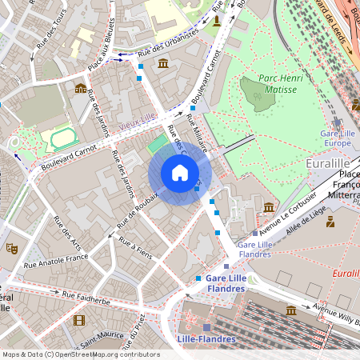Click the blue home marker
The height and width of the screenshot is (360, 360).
click(x=180, y=173)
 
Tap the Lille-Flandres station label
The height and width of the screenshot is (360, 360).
click(x=206, y=339)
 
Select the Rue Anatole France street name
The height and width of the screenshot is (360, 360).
click(x=55, y=260)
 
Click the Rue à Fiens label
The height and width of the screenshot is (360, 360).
click(x=135, y=246)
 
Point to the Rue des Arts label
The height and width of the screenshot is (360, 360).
click(x=67, y=232)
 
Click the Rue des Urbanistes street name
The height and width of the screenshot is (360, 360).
click(x=169, y=46)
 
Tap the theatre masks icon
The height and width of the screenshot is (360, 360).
click(x=11, y=248)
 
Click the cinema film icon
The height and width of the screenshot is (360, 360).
click(x=78, y=320)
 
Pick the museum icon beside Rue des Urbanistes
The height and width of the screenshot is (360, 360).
click(x=163, y=63)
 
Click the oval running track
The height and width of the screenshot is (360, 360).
click(x=64, y=138)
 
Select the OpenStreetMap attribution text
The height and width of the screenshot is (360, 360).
click(x=81, y=354)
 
